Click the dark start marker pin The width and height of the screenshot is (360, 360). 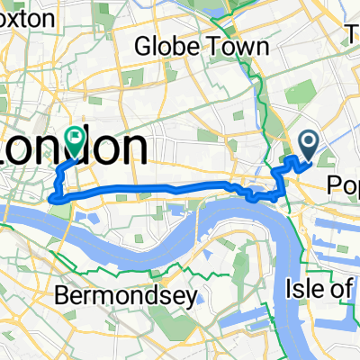click(x=308, y=141)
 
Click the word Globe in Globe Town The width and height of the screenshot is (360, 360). click(x=162, y=46)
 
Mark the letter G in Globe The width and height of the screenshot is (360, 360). click(x=141, y=46)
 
